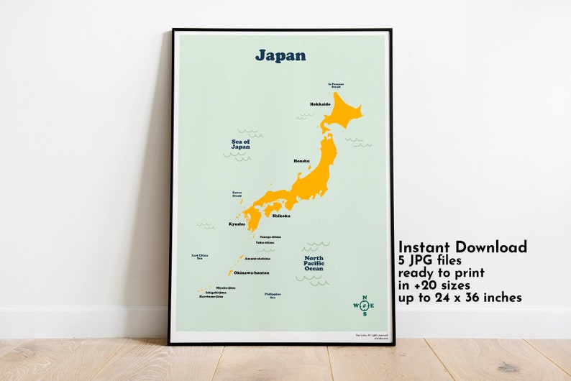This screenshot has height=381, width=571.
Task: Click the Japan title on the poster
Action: coord(280,55)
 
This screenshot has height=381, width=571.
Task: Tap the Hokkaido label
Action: coord(320,104)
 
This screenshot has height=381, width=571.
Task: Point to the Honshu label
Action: coord(301,161)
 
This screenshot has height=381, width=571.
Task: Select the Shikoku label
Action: coord(281,216)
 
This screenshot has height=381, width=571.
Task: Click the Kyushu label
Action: coord(237,224)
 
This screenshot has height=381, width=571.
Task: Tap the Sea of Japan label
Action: coord(240,144)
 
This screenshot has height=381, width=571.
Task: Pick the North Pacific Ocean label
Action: coord(314,262)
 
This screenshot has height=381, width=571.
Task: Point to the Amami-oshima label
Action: coord(257,259)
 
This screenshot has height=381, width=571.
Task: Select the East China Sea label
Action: coord(200,257)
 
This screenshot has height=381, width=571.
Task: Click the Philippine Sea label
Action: coord(273,295)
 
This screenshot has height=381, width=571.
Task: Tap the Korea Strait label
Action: coord(237,194)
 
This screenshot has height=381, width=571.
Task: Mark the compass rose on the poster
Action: coord(364,306)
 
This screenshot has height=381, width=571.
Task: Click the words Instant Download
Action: coord(462,247)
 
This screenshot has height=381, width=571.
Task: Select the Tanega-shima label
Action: coord(270,237)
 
